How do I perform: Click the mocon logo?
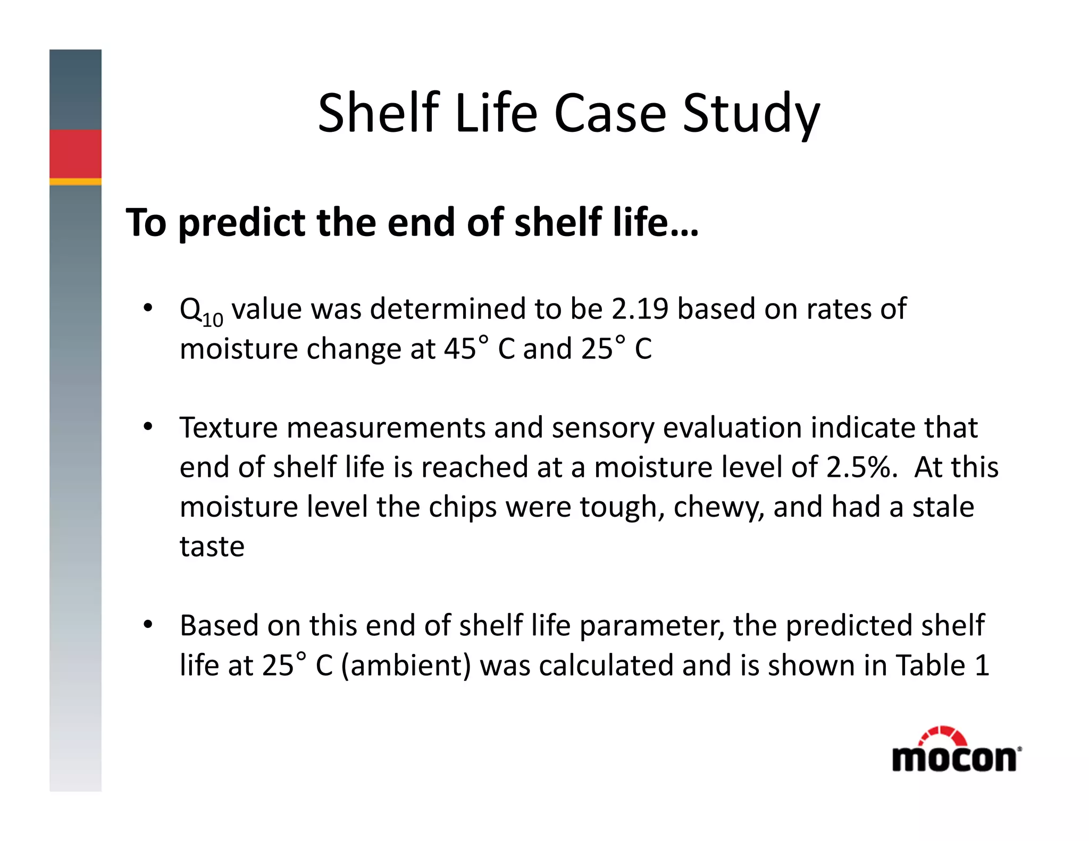(956, 751)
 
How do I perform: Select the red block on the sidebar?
(76, 154)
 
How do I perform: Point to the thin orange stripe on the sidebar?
(76, 182)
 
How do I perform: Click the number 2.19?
(639, 308)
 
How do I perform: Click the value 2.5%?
(860, 467)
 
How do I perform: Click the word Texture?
(228, 427)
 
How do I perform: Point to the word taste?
(212, 546)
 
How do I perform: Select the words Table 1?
(942, 665)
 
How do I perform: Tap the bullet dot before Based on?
(147, 625)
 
